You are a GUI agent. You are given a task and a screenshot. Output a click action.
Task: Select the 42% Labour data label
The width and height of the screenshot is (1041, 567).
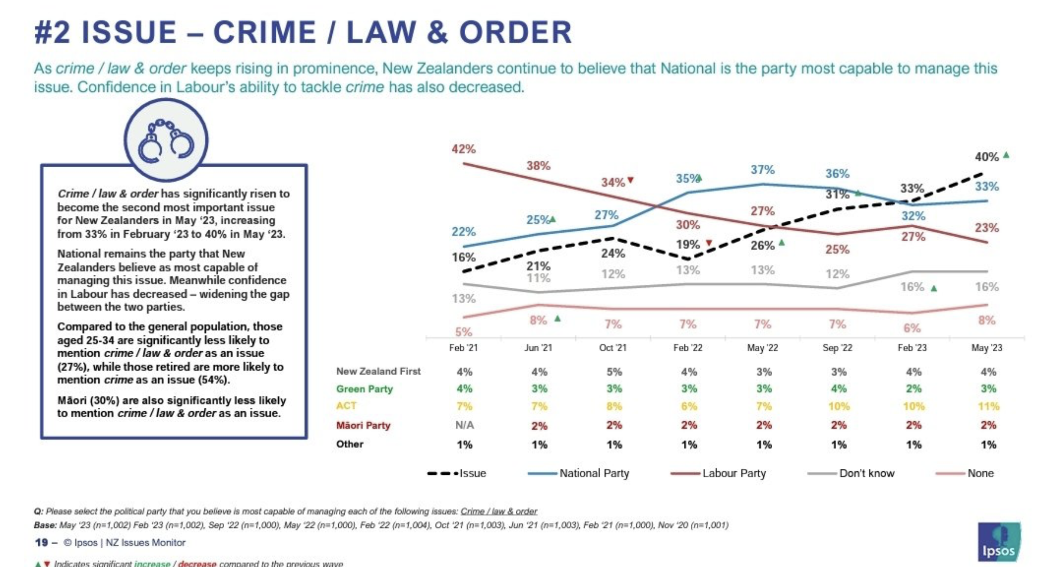click(x=463, y=149)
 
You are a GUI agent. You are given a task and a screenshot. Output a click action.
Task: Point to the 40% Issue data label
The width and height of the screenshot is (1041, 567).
click(x=987, y=157)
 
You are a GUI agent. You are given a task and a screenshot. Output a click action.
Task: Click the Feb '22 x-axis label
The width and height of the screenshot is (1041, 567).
click(x=688, y=348)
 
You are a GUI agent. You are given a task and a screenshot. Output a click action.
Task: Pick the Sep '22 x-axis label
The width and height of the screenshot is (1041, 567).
click(x=837, y=348)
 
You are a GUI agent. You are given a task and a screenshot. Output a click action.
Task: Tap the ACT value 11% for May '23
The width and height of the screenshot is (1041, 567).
click(x=988, y=406)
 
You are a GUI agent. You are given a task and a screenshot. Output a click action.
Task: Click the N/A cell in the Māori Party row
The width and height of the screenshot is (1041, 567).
click(x=464, y=425)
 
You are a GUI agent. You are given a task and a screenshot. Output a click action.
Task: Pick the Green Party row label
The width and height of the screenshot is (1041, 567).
click(x=364, y=389)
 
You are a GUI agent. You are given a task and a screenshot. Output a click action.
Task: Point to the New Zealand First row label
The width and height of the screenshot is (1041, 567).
click(x=378, y=371)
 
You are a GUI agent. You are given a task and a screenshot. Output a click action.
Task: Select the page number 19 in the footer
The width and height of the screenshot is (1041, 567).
click(x=41, y=543)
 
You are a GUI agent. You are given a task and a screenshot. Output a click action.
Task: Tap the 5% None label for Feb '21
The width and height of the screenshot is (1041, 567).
click(x=463, y=332)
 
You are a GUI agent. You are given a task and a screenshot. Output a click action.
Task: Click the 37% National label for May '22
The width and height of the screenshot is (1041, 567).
click(x=762, y=170)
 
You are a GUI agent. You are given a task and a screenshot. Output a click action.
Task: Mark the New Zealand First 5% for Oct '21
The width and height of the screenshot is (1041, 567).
click(x=614, y=372)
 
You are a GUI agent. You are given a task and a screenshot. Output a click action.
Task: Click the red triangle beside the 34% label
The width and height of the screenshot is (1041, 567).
click(x=630, y=180)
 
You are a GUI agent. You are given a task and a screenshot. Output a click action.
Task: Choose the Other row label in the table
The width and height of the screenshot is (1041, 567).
click(x=349, y=444)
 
